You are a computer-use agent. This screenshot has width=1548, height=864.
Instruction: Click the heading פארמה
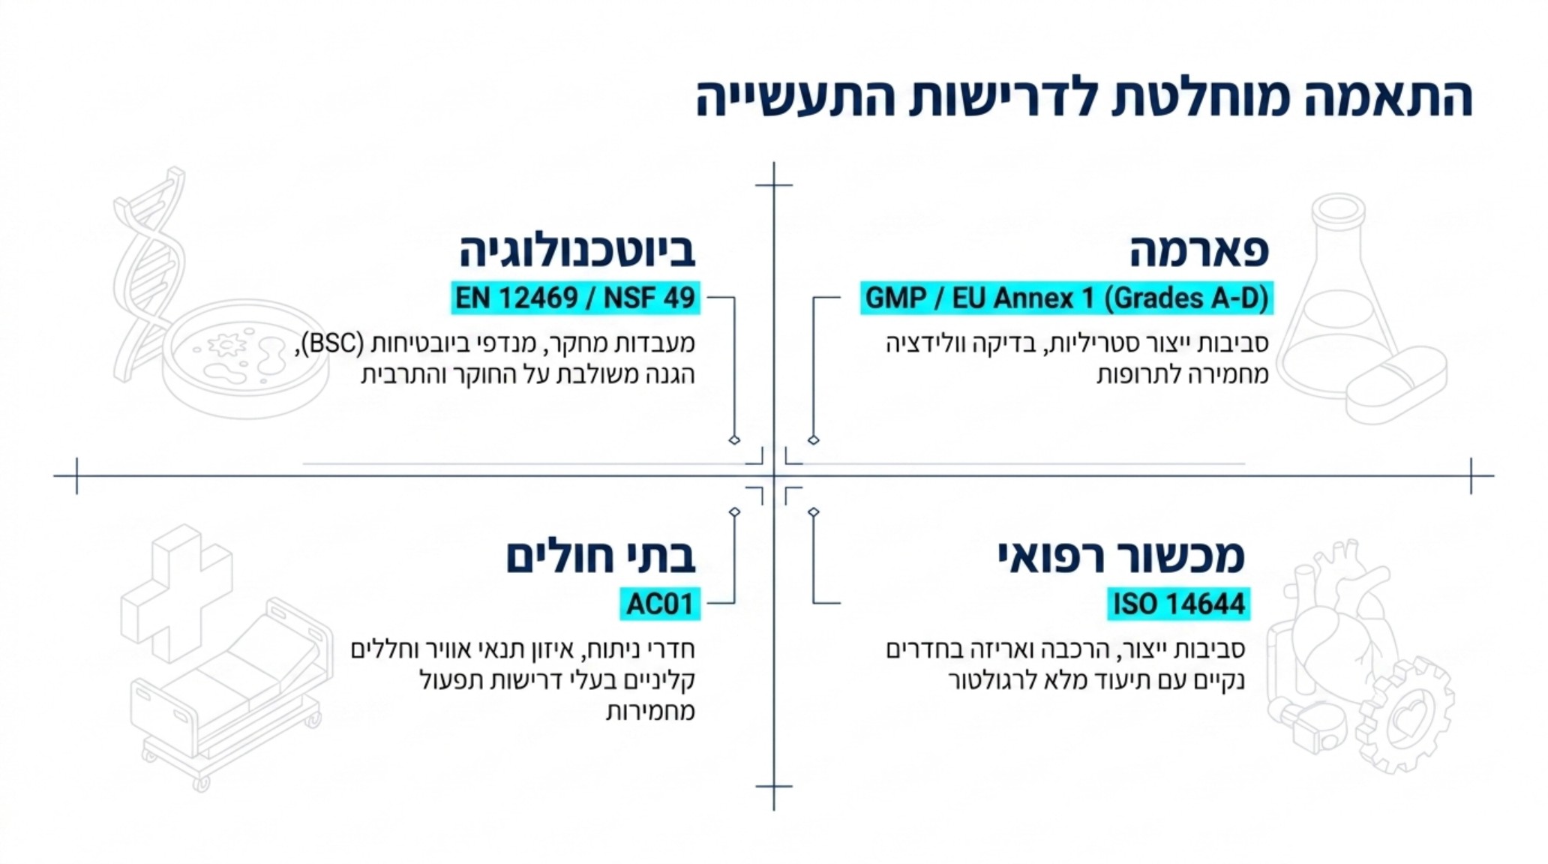coord(1198,251)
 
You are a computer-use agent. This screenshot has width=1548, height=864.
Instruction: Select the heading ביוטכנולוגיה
coord(577,251)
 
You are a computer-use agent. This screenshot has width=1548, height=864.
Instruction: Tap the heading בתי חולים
coord(600,557)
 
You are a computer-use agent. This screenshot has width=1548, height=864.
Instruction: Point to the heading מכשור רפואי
coord(1120,557)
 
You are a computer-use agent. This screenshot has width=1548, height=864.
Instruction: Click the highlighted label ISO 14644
coord(1177,604)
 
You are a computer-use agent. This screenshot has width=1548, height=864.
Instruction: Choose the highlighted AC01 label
coord(659,604)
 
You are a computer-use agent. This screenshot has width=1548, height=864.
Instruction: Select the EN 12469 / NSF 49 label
coord(575,298)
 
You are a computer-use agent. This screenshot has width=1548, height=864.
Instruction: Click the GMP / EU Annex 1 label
coord(1066,298)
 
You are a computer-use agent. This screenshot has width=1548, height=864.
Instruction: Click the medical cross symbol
coord(176,592)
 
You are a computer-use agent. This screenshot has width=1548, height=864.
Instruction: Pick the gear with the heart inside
coord(1404,716)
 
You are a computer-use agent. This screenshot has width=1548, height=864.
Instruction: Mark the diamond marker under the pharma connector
coord(814,440)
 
